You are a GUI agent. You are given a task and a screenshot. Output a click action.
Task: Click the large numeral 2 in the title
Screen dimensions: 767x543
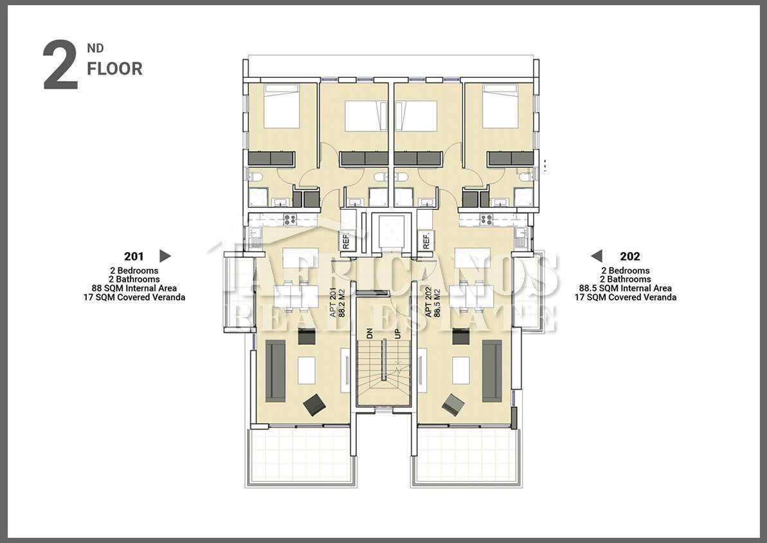click(x=60, y=65)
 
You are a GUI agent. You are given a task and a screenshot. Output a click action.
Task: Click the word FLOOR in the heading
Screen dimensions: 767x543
click(x=115, y=69)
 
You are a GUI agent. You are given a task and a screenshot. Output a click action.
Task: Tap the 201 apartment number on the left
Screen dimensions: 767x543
click(x=134, y=257)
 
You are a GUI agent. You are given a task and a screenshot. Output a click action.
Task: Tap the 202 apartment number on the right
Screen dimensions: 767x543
click(x=630, y=257)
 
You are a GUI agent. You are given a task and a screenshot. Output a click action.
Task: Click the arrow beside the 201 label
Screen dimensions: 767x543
click(x=165, y=255)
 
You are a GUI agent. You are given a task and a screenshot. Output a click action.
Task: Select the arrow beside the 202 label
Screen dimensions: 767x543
click(x=596, y=255)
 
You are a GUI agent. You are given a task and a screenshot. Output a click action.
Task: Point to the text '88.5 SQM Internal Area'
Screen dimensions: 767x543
click(x=625, y=288)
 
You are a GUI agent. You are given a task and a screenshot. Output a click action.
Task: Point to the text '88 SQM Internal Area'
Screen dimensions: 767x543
click(x=134, y=288)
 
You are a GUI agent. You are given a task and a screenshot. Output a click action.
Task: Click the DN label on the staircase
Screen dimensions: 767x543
click(x=370, y=333)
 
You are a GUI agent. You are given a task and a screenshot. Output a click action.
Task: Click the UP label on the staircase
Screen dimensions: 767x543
click(x=397, y=333)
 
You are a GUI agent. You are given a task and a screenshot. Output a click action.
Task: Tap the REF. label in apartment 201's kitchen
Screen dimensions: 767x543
click(x=346, y=241)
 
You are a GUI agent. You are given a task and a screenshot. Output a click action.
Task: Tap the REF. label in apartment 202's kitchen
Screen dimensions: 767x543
click(x=426, y=241)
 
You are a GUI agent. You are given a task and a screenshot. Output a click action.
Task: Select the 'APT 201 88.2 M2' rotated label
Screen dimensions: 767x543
click(x=338, y=302)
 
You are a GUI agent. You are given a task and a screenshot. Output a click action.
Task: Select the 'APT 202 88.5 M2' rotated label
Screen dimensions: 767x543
click(x=433, y=302)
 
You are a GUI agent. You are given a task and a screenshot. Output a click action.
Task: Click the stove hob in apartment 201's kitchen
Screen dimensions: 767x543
click(x=289, y=220)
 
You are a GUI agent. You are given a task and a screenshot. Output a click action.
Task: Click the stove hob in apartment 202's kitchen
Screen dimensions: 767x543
click(x=486, y=220)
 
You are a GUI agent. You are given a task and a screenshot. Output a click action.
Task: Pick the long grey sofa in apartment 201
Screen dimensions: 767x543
click(x=275, y=371)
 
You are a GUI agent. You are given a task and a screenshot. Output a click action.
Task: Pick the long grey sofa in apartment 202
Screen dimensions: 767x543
click(x=492, y=371)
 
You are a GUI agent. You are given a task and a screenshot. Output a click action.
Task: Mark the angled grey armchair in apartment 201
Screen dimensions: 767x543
click(x=314, y=405)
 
